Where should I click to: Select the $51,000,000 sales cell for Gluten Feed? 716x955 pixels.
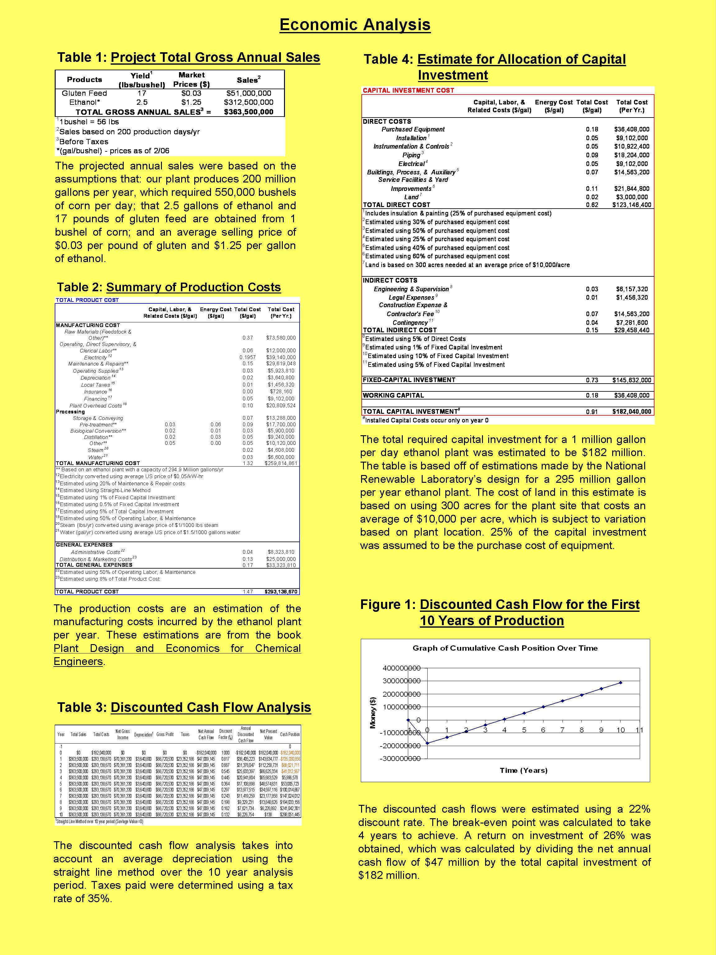(x=249, y=93)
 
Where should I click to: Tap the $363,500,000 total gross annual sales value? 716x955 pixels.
(x=249, y=112)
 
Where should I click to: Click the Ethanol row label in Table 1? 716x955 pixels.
(x=85, y=102)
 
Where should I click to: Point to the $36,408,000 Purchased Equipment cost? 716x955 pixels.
(x=631, y=129)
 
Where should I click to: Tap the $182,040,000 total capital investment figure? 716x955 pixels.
(x=631, y=412)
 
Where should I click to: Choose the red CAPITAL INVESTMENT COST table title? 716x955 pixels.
(x=408, y=90)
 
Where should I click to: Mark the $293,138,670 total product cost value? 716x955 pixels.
(x=281, y=592)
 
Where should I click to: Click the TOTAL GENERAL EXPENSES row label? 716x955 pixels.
(x=94, y=565)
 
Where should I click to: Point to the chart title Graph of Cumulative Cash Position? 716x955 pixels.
(x=505, y=648)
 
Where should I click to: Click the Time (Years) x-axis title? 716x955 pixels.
(x=524, y=770)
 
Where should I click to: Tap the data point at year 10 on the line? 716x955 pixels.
(x=621, y=683)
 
